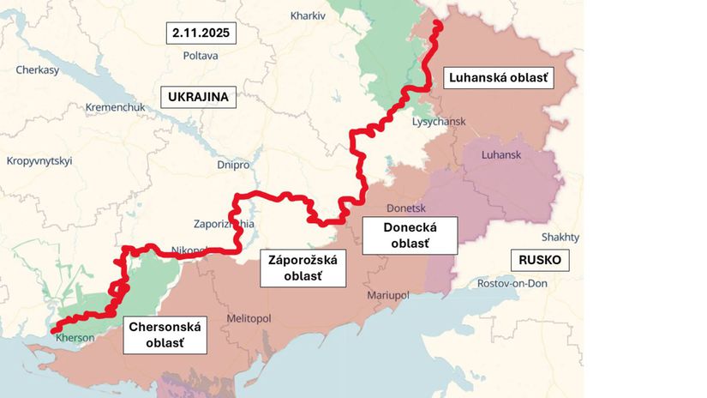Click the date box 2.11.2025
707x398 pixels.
pyautogui.click(x=201, y=33)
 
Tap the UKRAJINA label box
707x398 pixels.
pyautogui.click(x=198, y=96)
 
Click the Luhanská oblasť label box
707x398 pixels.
pyautogui.click(x=500, y=78)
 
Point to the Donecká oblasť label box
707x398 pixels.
pyautogui.click(x=410, y=235)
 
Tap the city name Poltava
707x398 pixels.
pyautogui.click(x=201, y=56)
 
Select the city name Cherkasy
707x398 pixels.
pyautogui.click(x=37, y=70)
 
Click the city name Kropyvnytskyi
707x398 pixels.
pyautogui.click(x=39, y=160)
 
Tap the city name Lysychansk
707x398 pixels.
pyautogui.click(x=438, y=122)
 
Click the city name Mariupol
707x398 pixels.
pyautogui.click(x=389, y=295)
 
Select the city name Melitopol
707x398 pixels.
pyautogui.click(x=249, y=317)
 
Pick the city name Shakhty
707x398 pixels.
pyautogui.click(x=560, y=237)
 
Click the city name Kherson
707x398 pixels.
pyautogui.click(x=75, y=337)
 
